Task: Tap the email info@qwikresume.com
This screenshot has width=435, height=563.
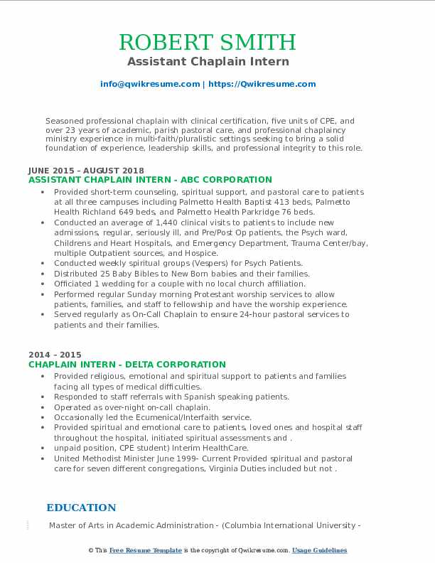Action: click(150, 84)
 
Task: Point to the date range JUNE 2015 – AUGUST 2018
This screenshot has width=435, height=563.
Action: click(86, 171)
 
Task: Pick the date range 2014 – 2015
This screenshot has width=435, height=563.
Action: click(55, 355)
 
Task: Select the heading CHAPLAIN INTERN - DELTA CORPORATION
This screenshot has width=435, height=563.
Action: click(127, 365)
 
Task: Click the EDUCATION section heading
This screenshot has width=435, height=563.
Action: click(81, 508)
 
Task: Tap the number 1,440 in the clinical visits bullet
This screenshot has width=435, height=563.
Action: click(161, 222)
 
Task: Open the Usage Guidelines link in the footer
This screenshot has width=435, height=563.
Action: click(320, 550)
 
